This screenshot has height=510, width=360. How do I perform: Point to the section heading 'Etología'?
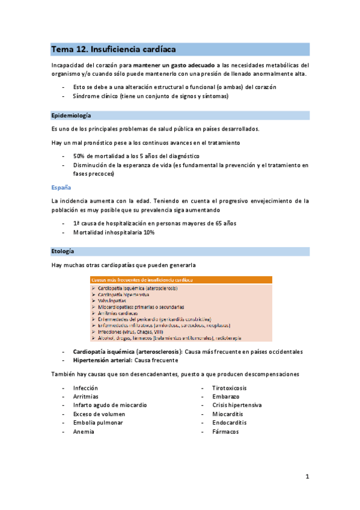(64, 250)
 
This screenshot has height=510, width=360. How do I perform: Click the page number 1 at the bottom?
(307, 477)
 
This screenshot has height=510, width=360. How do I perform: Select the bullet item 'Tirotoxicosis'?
(229, 388)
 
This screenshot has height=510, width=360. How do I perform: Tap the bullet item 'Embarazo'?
(225, 396)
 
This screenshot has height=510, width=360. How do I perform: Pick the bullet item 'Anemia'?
(84, 431)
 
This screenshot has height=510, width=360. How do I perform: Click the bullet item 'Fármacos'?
(225, 431)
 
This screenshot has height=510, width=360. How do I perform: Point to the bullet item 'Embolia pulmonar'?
(98, 423)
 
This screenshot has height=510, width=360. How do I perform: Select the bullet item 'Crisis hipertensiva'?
(237, 405)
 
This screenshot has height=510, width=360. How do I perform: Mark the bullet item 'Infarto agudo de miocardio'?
(110, 405)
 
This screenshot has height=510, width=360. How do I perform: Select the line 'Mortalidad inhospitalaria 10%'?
(114, 232)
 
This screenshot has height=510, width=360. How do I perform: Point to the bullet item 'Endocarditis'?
(229, 423)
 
